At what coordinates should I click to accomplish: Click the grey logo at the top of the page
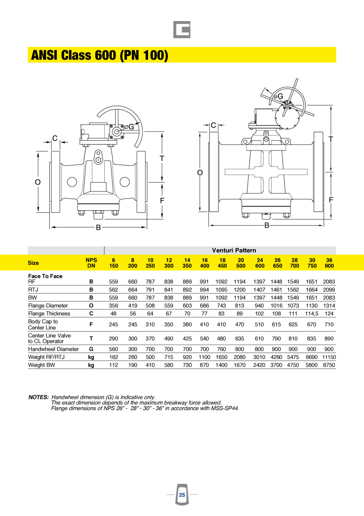[182, 30]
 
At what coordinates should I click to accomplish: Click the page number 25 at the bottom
[182, 495]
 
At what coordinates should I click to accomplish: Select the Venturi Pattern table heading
[234, 250]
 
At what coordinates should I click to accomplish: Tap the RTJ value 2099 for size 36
[329, 290]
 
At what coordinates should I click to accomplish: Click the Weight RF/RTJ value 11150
[329, 357]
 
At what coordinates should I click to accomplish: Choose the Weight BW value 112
[113, 365]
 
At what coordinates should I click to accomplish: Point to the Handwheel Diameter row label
[53, 349]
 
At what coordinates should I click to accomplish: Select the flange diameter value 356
[113, 305]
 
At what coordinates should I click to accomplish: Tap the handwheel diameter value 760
[221, 349]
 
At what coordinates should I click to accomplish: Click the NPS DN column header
[91, 263]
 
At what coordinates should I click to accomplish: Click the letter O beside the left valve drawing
[38, 182]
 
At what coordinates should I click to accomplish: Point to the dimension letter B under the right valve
[267, 225]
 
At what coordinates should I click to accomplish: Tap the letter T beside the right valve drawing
[331, 139]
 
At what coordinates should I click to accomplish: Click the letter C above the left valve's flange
[55, 138]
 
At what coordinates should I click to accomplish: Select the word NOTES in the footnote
[38, 397]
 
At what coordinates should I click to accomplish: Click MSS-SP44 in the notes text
[223, 408]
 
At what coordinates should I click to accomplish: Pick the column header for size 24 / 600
[260, 263]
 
